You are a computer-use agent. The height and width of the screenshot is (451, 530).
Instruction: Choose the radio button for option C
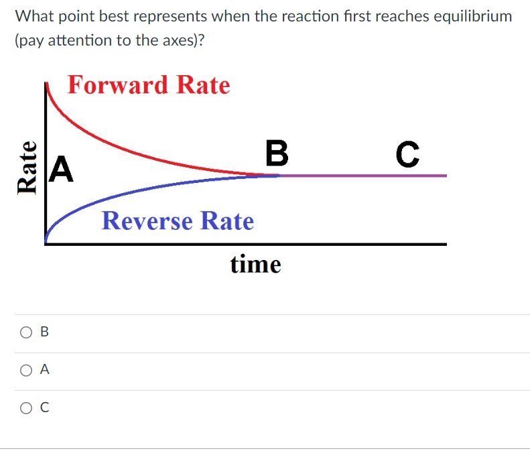pos(25,406)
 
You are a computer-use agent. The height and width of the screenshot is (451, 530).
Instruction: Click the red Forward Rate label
pos(149,85)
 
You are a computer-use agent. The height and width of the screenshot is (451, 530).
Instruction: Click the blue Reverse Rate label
pos(178,220)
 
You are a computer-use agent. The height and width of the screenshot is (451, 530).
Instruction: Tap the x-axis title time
pos(255,265)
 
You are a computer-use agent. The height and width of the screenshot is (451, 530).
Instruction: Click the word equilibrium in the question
pos(468,16)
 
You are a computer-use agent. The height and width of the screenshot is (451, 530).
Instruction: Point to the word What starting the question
pos(32,16)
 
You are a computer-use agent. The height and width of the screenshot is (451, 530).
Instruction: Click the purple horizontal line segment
pos(362,176)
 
